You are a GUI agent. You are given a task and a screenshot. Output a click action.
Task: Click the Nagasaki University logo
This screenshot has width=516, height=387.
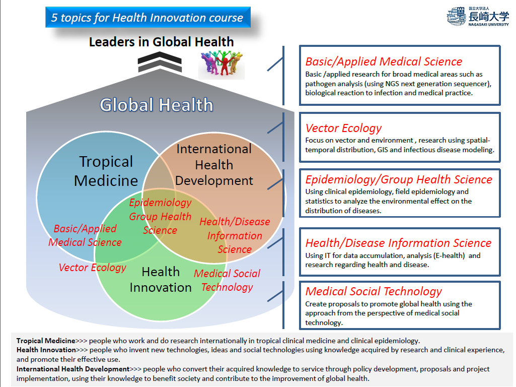(478, 17)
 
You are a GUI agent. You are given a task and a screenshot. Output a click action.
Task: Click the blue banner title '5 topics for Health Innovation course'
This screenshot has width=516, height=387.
(148, 17)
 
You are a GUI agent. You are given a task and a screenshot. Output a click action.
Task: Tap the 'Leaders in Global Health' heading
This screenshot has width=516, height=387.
(161, 42)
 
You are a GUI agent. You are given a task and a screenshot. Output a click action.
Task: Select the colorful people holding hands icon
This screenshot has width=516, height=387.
(222, 64)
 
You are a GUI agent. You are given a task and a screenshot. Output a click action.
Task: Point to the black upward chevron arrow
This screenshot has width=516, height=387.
(160, 62)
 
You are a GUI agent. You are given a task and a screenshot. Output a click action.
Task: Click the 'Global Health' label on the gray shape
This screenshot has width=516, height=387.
(157, 105)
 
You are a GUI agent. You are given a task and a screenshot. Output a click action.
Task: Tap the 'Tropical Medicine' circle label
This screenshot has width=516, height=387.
(106, 171)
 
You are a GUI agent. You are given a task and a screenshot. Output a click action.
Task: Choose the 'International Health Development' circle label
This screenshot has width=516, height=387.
(214, 165)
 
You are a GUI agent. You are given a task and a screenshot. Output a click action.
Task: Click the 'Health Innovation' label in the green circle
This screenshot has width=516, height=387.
(161, 280)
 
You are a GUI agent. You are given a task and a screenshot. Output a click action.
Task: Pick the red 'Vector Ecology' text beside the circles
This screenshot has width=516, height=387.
(93, 267)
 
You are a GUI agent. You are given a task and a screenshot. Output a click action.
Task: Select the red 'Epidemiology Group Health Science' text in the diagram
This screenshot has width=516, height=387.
(160, 216)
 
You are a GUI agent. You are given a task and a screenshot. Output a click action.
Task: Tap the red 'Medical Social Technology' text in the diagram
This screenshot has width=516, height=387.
(227, 280)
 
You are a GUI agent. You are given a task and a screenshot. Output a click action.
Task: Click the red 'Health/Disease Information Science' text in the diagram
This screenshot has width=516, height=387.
(235, 235)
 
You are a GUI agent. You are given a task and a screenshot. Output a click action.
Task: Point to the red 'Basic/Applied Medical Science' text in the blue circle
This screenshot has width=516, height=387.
(85, 235)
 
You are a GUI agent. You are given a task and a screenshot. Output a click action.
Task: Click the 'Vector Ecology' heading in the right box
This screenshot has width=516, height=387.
(343, 128)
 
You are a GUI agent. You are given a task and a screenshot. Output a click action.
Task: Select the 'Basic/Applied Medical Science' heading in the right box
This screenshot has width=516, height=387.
(384, 61)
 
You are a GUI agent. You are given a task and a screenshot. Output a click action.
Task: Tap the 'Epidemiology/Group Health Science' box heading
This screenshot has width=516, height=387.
(399, 179)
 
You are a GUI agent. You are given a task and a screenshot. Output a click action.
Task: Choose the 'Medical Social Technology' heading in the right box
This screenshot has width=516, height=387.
(374, 291)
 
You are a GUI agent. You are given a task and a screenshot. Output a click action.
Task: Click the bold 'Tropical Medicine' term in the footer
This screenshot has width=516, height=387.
(46, 341)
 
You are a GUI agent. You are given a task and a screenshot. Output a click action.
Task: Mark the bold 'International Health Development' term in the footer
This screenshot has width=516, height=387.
(72, 369)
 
